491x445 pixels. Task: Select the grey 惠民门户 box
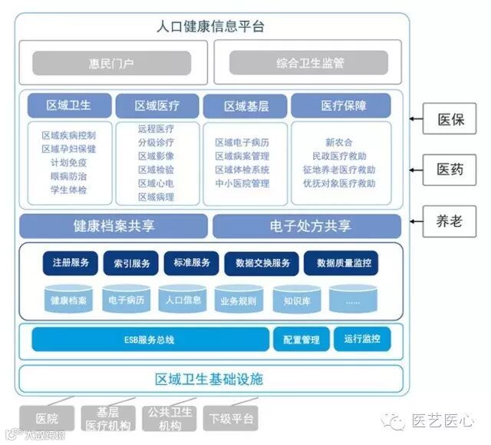[x=112, y=63]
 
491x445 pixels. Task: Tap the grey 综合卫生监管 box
[x=307, y=63]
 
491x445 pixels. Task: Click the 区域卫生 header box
[x=70, y=105]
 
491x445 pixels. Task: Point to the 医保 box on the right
[x=450, y=120]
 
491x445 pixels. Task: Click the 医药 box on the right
[x=450, y=170]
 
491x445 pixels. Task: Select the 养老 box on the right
[x=450, y=221]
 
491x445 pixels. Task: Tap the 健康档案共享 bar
[x=113, y=227]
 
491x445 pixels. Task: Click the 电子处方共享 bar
[x=307, y=227]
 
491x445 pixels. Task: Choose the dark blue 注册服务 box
[x=71, y=263]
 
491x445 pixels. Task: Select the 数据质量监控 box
[x=343, y=264]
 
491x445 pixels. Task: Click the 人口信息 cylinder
[x=183, y=299]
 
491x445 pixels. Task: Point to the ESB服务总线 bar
[x=150, y=339]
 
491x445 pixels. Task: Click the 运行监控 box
[x=362, y=338]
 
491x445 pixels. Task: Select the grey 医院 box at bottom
[x=47, y=419]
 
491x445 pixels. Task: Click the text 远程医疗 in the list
[x=157, y=130]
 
